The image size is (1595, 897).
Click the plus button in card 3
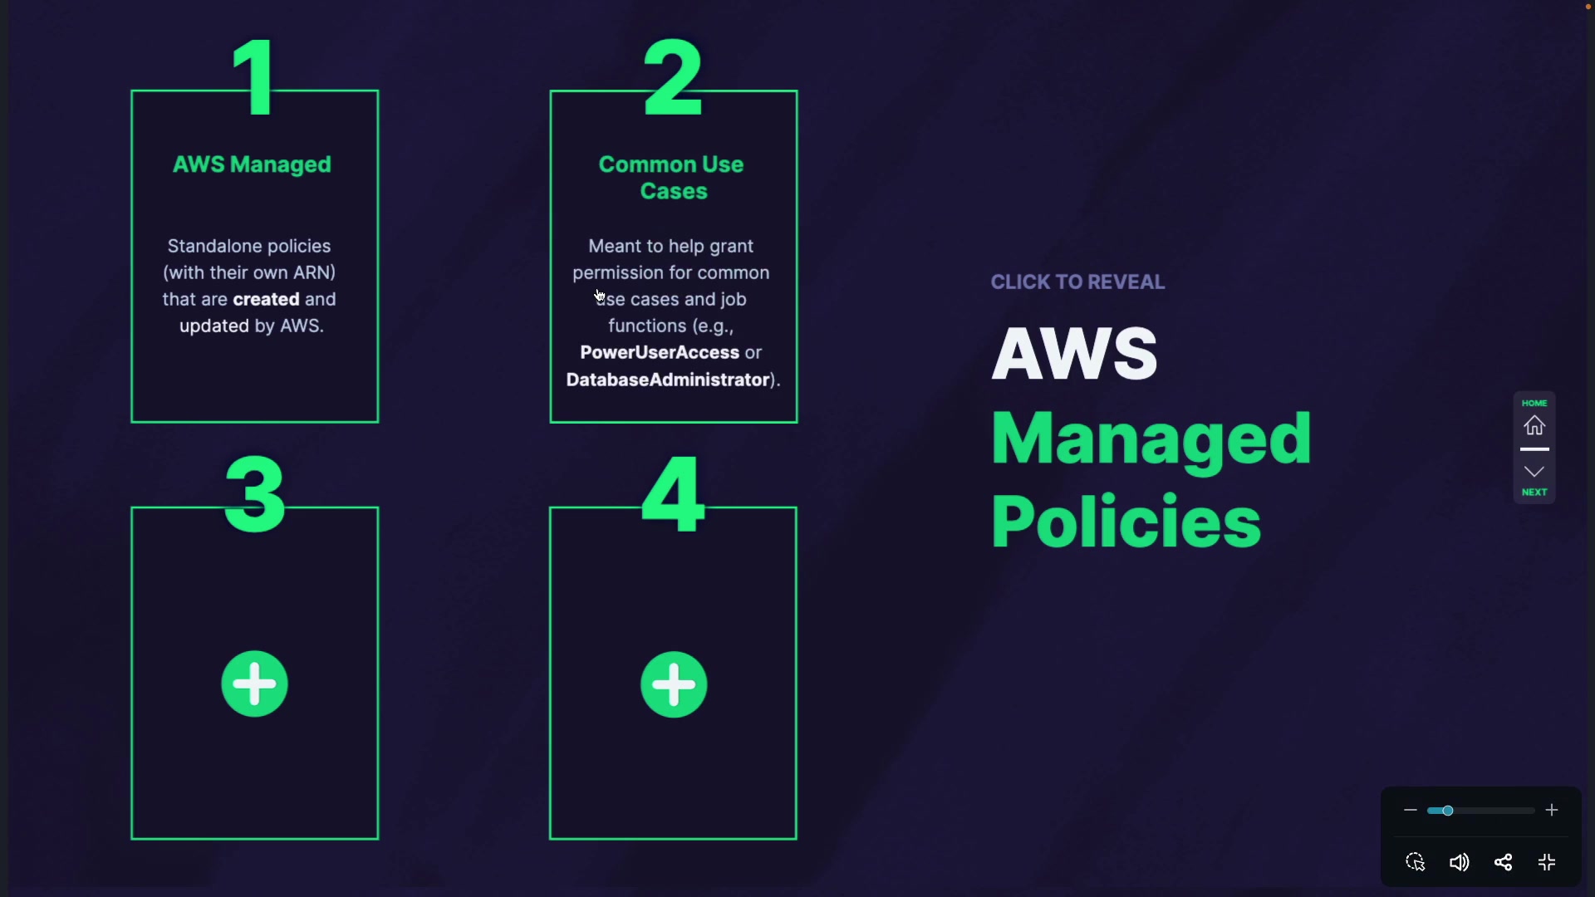click(254, 684)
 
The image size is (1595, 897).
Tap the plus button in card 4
click(674, 684)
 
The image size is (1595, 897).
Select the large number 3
click(255, 494)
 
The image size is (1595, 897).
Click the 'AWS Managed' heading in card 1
click(252, 164)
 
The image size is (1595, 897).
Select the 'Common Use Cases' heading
click(672, 178)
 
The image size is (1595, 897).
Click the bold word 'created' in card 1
click(266, 299)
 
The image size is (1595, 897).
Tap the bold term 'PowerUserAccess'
click(660, 352)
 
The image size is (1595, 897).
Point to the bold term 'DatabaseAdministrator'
click(668, 380)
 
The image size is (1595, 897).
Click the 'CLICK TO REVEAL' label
click(1077, 282)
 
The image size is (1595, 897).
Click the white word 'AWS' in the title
click(1074, 353)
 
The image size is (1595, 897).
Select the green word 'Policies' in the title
click(1126, 522)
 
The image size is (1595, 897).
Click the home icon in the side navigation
click(1534, 425)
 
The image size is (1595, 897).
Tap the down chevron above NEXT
click(1534, 472)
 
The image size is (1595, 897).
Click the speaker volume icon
click(1459, 862)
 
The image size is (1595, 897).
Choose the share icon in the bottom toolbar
click(1503, 862)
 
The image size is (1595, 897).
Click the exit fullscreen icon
click(1547, 862)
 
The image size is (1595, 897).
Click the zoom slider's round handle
click(1447, 811)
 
